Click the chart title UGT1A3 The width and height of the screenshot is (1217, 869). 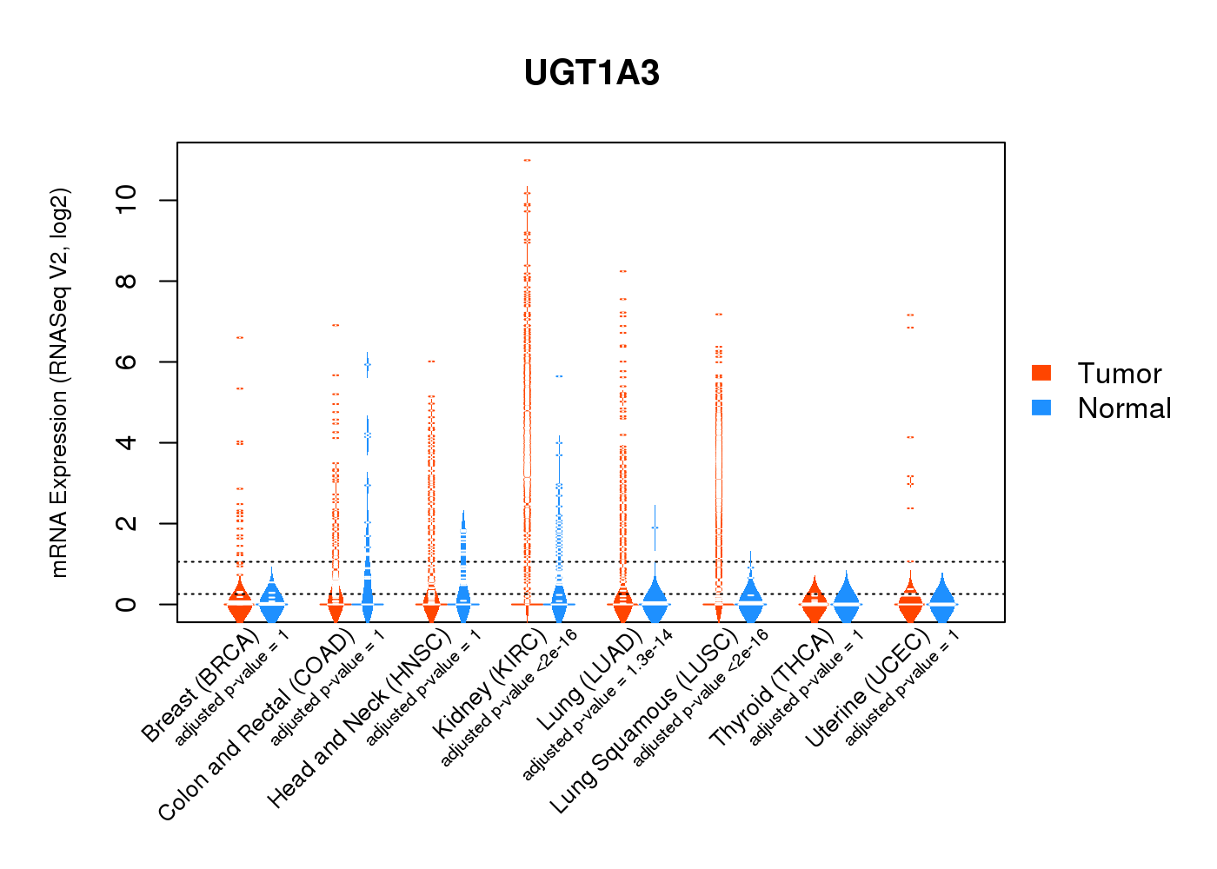pos(591,73)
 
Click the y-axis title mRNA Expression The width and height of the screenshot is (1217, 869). pos(59,382)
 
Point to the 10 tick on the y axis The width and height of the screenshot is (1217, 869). pos(127,201)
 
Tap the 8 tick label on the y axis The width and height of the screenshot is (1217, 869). pos(127,282)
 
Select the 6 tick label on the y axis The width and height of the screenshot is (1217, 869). pos(127,362)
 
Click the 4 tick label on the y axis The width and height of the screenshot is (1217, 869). pos(127,443)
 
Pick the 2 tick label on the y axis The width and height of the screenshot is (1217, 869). pos(127,524)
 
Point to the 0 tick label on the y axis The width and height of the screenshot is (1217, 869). pos(127,604)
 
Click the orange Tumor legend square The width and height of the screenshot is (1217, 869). pos(1041,373)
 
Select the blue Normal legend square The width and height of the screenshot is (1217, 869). pos(1041,408)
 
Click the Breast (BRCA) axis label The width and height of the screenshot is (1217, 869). pos(201,686)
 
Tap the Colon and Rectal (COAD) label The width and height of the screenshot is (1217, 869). pos(257,725)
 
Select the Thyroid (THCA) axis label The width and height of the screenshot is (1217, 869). pos(772,689)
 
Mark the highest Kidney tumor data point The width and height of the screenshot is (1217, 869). pos(527,160)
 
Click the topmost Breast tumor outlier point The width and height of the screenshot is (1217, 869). pos(240,337)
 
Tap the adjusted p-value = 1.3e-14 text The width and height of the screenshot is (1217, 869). pos(597,706)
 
